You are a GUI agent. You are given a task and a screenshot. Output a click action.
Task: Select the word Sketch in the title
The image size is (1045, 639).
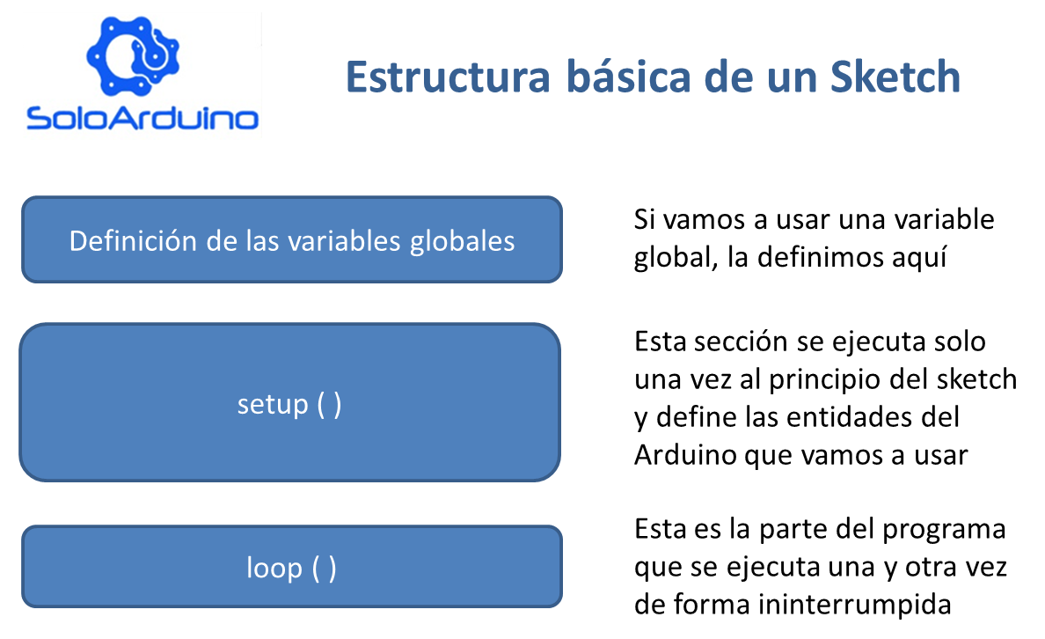895,77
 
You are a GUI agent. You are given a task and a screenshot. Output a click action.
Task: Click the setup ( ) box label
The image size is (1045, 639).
289,404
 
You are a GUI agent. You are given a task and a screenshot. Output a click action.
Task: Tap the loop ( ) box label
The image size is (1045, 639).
291,568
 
